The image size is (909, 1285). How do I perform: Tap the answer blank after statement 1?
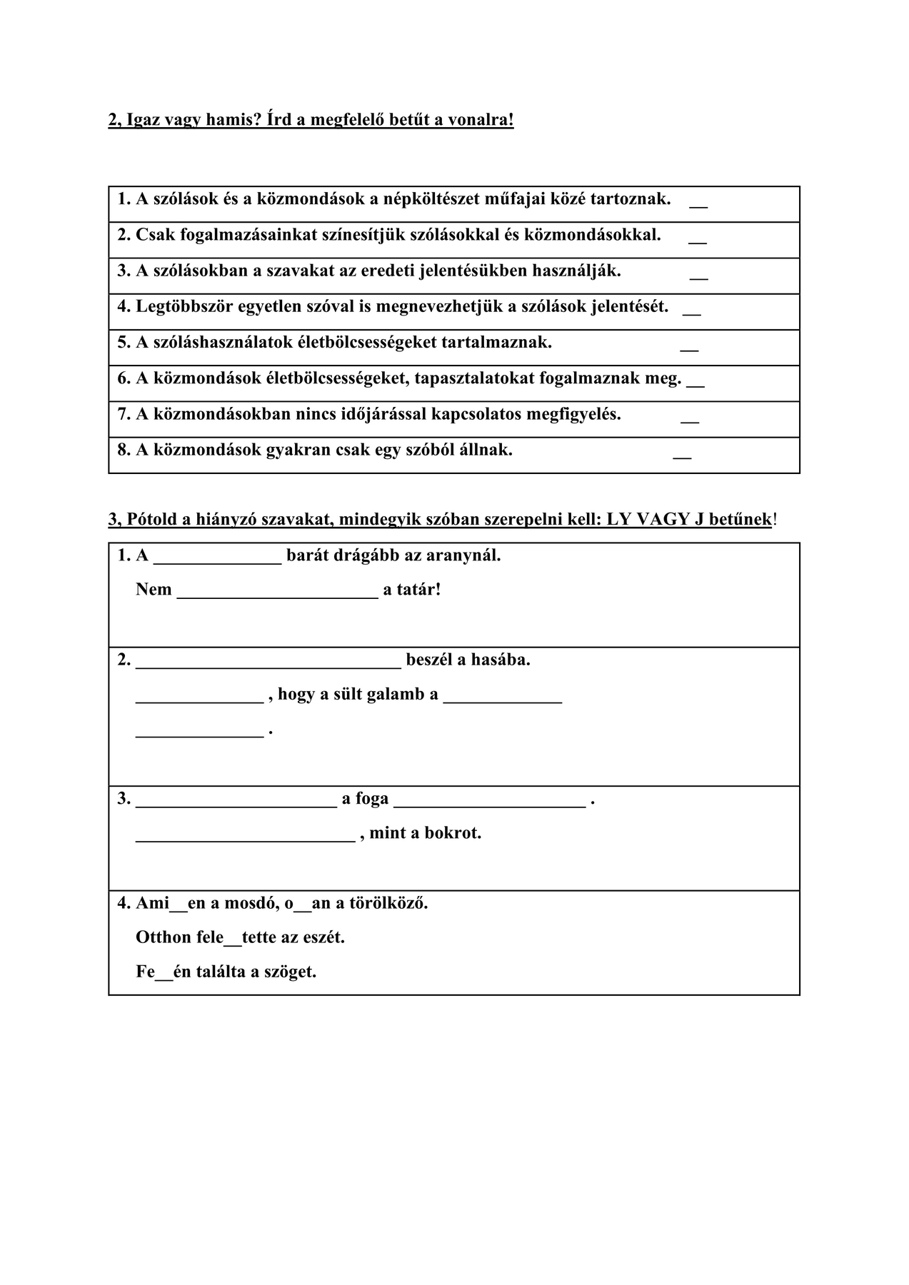pyautogui.click(x=698, y=206)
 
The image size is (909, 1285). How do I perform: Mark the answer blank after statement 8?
pyautogui.click(x=682, y=456)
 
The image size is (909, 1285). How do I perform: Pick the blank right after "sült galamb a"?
pyautogui.click(x=503, y=701)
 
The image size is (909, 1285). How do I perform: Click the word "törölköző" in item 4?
pyautogui.click(x=388, y=903)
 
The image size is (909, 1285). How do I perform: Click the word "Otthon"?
pyautogui.click(x=164, y=937)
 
